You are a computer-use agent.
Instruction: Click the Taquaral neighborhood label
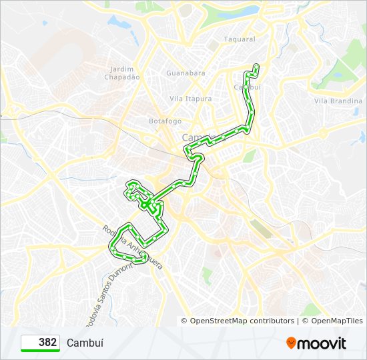(240, 39)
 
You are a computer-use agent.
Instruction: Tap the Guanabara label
(186, 73)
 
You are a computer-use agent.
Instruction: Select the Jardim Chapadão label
(122, 73)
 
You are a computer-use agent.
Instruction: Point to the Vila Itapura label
(191, 99)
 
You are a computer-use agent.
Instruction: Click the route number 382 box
(41, 343)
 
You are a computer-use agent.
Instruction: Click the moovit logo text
(322, 343)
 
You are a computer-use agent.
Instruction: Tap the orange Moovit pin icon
(292, 343)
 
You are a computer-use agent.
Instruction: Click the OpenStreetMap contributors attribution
(242, 321)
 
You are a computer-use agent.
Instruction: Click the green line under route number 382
(41, 351)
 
